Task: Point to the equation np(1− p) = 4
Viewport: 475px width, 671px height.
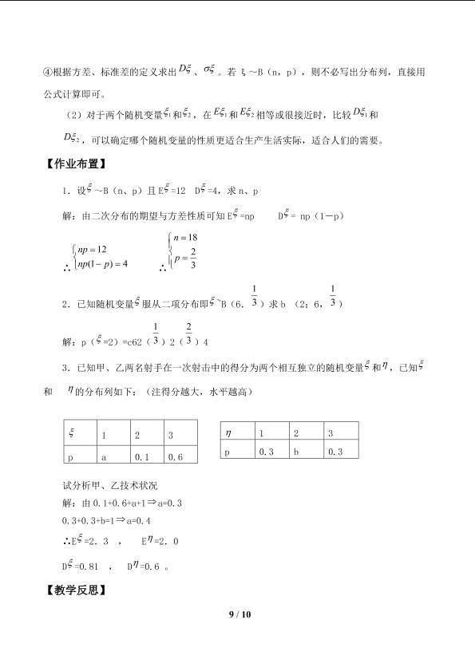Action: pos(102,264)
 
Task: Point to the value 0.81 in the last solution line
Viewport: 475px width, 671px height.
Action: pos(89,566)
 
